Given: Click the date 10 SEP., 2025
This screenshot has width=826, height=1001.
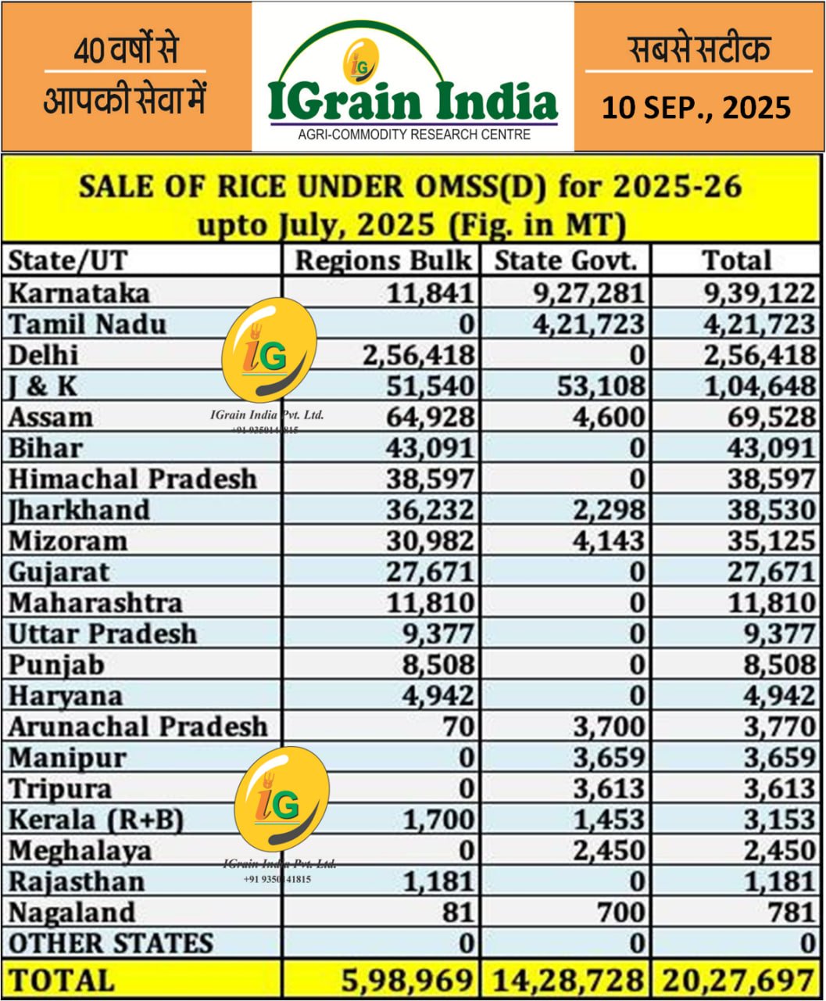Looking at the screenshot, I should pos(696,107).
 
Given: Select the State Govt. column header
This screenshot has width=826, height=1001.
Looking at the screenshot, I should pos(571,260).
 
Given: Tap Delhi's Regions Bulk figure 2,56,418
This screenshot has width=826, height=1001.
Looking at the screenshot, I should pos(418,355).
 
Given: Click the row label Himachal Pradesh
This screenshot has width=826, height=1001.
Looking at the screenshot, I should pos(132,479).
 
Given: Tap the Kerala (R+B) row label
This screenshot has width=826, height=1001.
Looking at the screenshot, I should pos(95,820).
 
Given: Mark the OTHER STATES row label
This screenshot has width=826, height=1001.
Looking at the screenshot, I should pos(110,943).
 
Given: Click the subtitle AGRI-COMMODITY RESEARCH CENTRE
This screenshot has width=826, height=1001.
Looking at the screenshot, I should pos(414,135).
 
